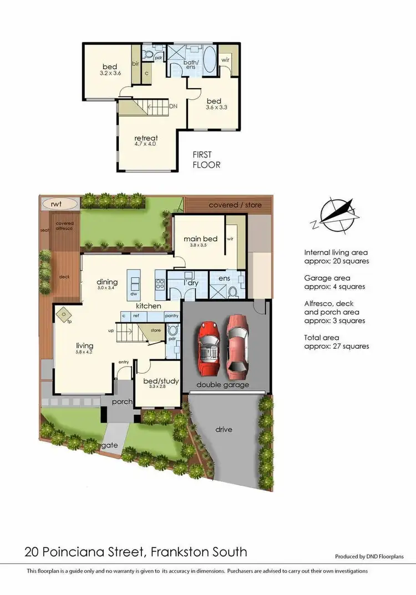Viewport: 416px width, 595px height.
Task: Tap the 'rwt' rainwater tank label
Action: (56, 204)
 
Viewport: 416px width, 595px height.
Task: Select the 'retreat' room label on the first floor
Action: (146, 138)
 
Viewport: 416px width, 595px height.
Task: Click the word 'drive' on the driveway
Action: (224, 429)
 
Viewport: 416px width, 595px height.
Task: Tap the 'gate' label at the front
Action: (109, 445)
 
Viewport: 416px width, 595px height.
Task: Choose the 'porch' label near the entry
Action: (121, 401)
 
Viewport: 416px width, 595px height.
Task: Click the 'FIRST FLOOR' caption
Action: (206, 160)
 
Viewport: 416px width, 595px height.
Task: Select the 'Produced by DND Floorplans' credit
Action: (369, 556)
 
